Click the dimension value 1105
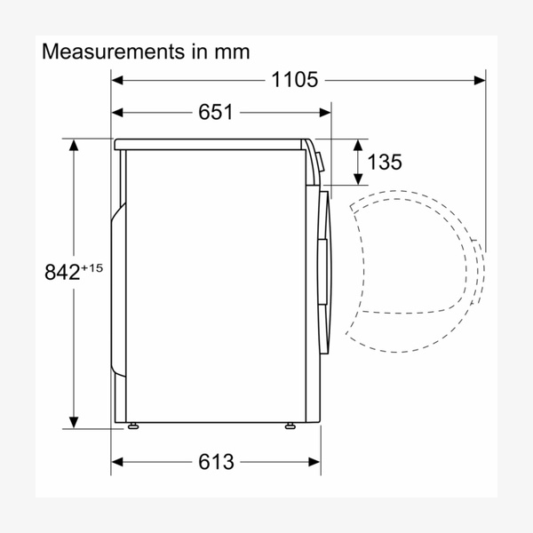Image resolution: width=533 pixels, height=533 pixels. point(294,81)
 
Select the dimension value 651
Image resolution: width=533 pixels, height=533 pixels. point(215,113)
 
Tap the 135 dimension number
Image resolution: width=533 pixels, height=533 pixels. point(384,163)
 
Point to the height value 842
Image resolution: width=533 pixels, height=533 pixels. point(60,274)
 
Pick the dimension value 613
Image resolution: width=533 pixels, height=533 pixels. point(215,462)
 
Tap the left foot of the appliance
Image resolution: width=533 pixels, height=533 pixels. point(134,426)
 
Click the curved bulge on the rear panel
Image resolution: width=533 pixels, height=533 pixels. point(116,284)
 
